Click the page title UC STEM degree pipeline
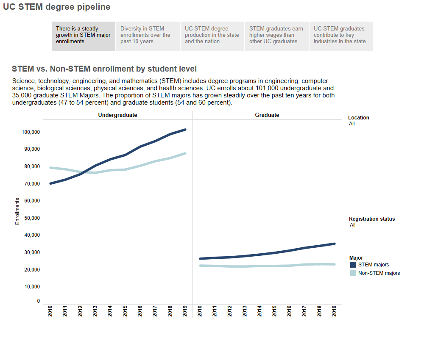(56, 7)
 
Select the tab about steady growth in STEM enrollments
(83, 36)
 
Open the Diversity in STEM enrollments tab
(148, 36)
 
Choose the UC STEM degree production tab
(212, 36)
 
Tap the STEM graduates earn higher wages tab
(276, 36)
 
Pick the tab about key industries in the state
(341, 36)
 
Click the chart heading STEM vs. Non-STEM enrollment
(104, 69)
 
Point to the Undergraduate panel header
(117, 115)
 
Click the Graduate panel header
(267, 115)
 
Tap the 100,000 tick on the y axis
(31, 132)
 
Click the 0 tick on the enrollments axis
(39, 301)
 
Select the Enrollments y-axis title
(17, 211)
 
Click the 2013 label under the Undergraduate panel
(95, 311)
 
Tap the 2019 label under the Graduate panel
(335, 311)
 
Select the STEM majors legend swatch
(353, 265)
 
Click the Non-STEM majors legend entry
(379, 273)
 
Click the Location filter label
(359, 118)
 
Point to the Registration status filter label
(372, 219)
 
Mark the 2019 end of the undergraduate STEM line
(185, 130)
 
